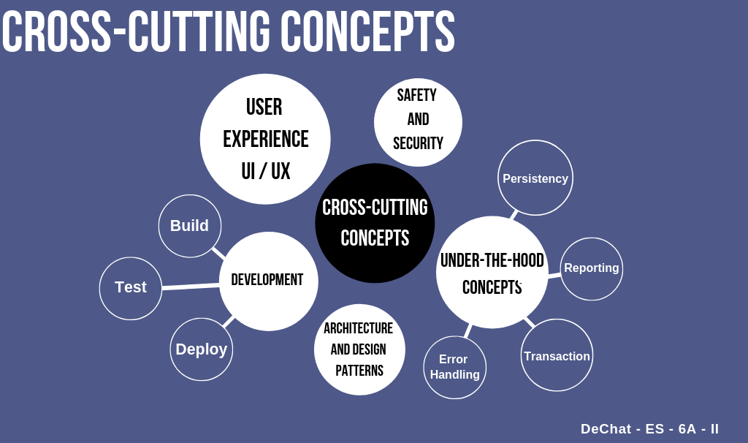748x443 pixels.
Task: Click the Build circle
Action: click(x=190, y=226)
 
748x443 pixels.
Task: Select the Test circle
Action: click(x=131, y=288)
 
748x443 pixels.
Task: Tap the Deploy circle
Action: click(x=202, y=349)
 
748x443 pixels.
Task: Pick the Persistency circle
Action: click(x=535, y=178)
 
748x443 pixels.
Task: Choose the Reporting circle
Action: click(x=592, y=268)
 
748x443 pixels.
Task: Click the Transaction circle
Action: click(x=557, y=356)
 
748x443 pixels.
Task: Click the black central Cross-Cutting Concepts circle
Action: click(x=375, y=223)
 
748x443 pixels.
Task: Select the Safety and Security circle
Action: click(x=418, y=121)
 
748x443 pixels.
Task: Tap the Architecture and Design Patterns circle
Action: click(x=359, y=349)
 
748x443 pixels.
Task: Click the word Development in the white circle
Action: click(x=267, y=280)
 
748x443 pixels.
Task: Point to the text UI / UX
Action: click(x=266, y=172)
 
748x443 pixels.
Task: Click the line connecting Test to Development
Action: click(x=191, y=287)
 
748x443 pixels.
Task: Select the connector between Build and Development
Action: click(x=218, y=254)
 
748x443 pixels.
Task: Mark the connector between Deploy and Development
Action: click(x=228, y=322)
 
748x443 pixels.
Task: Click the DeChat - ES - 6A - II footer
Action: click(x=649, y=429)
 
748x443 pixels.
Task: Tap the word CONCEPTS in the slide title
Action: click(x=367, y=32)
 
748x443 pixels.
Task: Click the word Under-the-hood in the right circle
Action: click(x=492, y=260)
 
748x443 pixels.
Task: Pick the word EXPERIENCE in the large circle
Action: click(x=266, y=139)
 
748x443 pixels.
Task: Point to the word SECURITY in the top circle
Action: click(x=418, y=143)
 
